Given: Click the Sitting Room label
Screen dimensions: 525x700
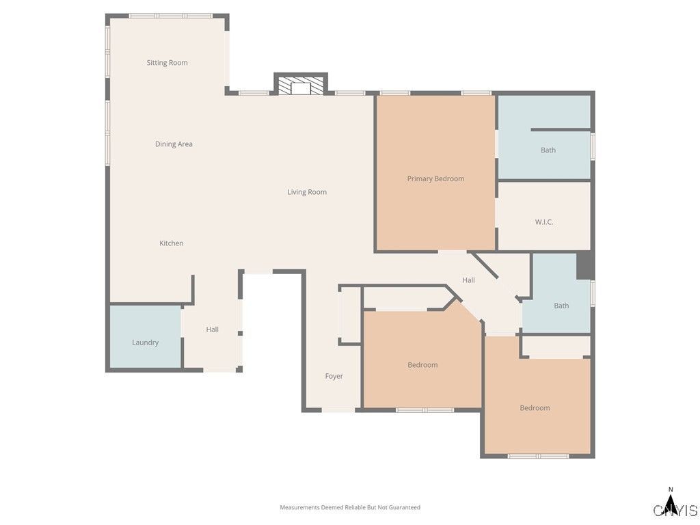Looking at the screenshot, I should tap(167, 63).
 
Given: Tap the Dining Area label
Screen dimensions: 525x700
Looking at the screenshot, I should tap(174, 144).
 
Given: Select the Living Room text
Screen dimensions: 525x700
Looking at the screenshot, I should tap(307, 192).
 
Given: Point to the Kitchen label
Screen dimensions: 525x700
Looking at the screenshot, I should tap(172, 243).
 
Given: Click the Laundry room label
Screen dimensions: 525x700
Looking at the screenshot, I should tap(145, 342).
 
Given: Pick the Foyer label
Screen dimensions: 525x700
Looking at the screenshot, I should tap(334, 376).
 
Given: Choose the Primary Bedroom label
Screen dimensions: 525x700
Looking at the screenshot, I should tap(435, 179).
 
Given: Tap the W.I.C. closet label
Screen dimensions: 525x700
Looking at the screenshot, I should tap(544, 222).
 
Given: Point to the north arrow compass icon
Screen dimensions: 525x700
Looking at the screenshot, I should tap(671, 502).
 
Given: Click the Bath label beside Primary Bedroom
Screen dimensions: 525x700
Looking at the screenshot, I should tap(548, 150).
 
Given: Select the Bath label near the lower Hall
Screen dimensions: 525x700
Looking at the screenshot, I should tap(561, 306).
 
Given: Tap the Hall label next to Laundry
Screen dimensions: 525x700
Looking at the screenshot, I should tap(213, 329).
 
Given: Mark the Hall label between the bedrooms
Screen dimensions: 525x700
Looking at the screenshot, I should tap(468, 280).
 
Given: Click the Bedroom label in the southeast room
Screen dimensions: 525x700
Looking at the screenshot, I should tap(535, 408).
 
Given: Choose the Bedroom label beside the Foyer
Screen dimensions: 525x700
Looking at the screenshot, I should tap(422, 365).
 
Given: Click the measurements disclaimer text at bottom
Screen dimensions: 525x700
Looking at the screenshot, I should tap(350, 507).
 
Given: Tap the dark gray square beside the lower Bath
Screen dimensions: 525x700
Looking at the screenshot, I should tap(585, 266).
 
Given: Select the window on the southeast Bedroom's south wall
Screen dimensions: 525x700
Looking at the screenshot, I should tap(538, 456).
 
